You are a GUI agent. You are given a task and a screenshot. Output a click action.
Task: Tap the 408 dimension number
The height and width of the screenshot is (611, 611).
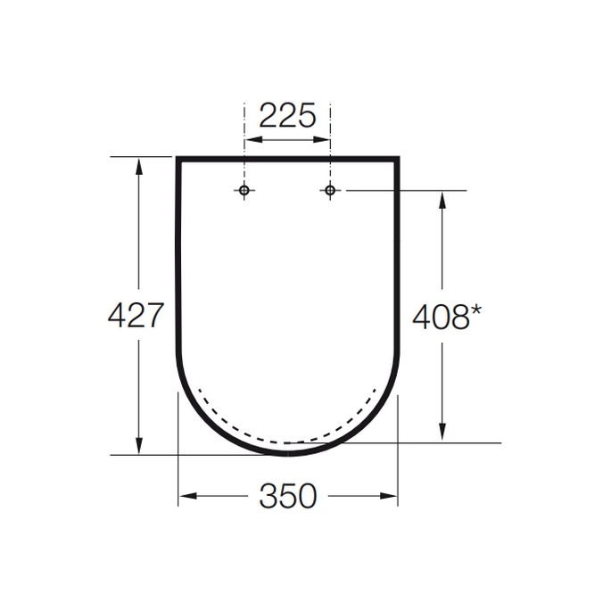440,315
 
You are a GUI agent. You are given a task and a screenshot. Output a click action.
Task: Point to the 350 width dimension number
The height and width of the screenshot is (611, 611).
288,497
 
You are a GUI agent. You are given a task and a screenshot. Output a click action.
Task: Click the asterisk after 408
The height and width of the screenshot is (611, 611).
478,310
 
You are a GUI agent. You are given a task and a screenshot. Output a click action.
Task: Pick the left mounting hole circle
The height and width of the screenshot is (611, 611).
244,190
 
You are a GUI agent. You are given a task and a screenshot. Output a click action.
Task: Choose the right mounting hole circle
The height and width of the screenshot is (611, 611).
329,190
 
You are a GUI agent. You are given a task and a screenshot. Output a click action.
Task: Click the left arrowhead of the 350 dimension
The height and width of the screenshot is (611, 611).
185,497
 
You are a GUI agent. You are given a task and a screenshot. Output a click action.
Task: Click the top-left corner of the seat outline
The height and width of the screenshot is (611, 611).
178,159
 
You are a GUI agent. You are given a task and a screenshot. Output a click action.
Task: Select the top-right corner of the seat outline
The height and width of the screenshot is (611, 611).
397,159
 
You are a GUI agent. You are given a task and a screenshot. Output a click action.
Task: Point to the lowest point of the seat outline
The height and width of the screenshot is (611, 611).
288,453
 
